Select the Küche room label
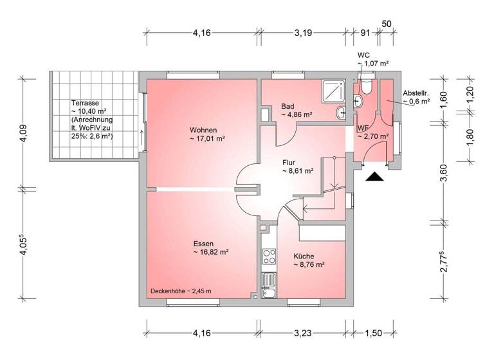click(x=304, y=255)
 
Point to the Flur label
click(x=289, y=162)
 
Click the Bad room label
click(x=288, y=106)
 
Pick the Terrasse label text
click(x=86, y=103)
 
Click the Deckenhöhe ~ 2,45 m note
click(x=181, y=291)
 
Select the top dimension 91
click(x=365, y=33)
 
